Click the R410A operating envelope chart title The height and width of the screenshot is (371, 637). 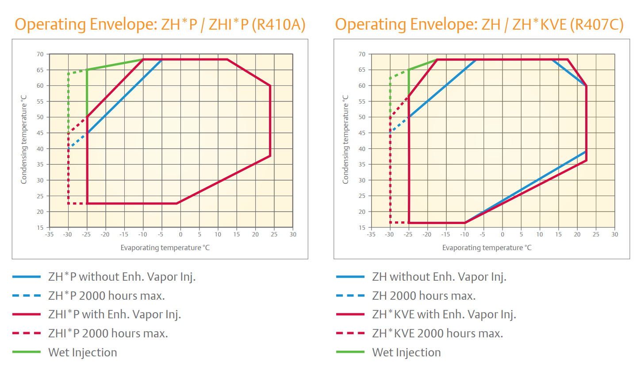pos(160,24)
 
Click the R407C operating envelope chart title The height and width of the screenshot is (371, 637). pos(479,24)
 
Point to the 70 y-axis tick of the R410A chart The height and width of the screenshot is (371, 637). pos(40,54)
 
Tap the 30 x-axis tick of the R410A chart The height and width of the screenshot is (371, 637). pos(292,234)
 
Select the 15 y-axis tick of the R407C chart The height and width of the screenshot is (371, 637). pos(362,228)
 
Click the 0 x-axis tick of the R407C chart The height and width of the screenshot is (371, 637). pos(502,234)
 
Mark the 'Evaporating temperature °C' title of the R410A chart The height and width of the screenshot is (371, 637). pos(165,247)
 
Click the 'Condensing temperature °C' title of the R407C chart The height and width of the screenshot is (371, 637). pos(345,141)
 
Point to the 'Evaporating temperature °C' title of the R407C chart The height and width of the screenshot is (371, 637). pos(487,247)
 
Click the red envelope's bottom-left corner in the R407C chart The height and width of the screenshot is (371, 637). pos(409,222)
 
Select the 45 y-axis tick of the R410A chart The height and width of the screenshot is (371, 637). pos(40,133)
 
